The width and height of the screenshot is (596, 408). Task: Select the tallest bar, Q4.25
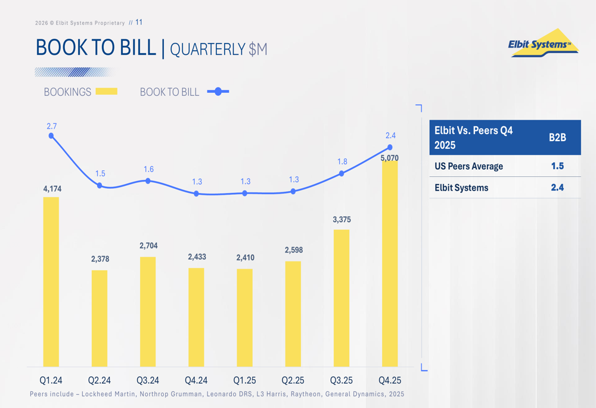[390, 262]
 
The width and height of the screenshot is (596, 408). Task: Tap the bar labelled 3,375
[342, 298]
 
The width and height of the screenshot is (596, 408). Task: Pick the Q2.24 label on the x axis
[100, 380]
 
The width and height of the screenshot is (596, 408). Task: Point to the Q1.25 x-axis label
[244, 380]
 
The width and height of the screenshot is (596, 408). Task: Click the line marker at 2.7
[51, 136]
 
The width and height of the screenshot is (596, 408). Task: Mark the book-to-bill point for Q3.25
[342, 173]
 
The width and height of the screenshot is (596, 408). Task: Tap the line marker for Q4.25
[390, 147]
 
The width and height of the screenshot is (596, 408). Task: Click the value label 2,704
[148, 245]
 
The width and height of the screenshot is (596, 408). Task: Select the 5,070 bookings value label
[389, 158]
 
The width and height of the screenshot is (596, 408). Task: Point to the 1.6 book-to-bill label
[148, 170]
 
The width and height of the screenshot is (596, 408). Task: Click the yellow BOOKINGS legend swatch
[107, 92]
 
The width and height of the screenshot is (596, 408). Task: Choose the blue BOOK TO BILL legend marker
[218, 92]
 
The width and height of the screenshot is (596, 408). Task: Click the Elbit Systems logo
[543, 43]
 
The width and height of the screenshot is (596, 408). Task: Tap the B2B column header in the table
[557, 138]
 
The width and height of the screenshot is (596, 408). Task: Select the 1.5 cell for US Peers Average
[557, 166]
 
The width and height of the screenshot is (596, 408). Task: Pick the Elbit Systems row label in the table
[461, 188]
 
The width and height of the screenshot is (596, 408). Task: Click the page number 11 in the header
[139, 23]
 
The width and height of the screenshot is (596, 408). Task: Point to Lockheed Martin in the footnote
[105, 394]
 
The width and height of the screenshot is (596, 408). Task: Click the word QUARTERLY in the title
[208, 49]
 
